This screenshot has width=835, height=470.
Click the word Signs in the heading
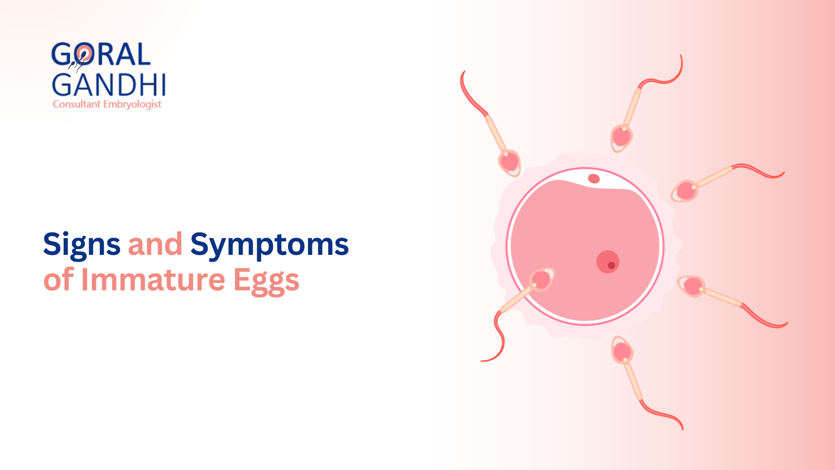point(81,244)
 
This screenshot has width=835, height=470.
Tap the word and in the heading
point(155,244)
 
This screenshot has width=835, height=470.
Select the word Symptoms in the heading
point(269,244)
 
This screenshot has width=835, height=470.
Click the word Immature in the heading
point(152,280)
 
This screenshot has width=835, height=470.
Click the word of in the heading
point(58,280)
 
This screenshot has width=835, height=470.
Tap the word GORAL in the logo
point(101,55)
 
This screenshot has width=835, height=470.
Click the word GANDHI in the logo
point(109,85)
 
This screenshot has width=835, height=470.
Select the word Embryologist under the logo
point(132,104)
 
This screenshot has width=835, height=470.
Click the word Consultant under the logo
point(76,104)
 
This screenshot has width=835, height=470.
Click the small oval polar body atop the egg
point(594,179)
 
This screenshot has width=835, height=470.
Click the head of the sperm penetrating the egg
point(542,279)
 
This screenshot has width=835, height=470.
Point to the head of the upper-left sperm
point(509,162)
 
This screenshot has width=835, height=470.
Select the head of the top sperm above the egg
point(621,138)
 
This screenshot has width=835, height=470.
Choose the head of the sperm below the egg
point(622,351)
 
